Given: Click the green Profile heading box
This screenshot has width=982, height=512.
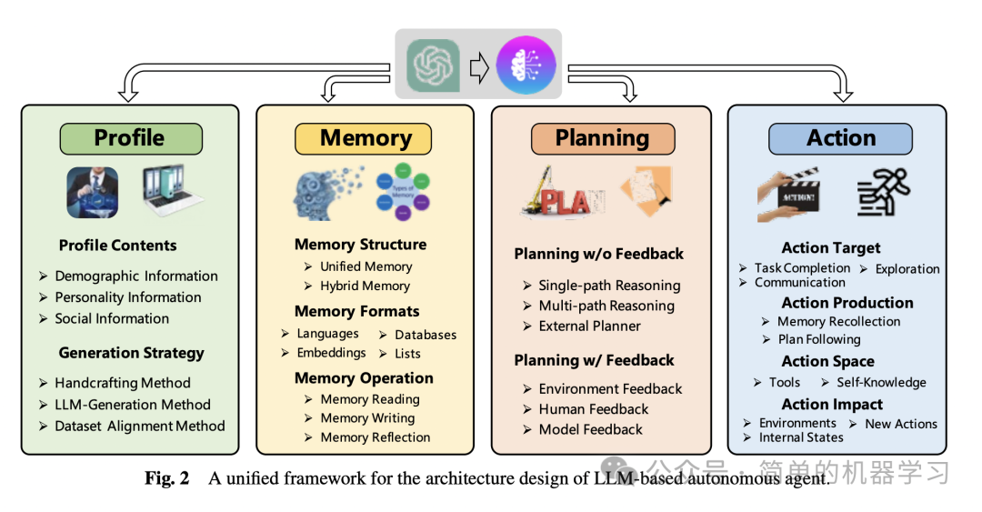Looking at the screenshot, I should (130, 138).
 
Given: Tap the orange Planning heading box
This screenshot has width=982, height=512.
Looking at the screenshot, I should (602, 138).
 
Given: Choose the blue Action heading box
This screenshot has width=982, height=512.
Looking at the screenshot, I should (840, 138).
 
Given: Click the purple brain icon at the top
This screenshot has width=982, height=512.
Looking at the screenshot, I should (525, 65).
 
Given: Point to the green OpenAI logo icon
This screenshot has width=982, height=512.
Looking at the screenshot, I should (433, 65).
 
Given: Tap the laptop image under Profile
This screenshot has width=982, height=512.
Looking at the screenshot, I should (171, 192).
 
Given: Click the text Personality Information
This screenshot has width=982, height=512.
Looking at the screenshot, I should (127, 297).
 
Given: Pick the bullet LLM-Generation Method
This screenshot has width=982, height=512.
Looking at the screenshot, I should (132, 405).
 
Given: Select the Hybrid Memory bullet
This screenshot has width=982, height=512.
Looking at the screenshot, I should (365, 286).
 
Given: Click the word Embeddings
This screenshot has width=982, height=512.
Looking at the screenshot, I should (331, 353).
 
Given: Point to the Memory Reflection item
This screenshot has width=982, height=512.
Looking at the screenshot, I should (375, 437).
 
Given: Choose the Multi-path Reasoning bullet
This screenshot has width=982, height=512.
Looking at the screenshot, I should (606, 306).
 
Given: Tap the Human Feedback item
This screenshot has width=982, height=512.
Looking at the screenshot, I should (593, 409).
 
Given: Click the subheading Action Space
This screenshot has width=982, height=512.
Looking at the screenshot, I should (827, 361).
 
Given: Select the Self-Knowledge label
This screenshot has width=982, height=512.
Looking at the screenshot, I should (881, 383).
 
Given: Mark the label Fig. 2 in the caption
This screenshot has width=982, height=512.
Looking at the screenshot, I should (167, 478).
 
